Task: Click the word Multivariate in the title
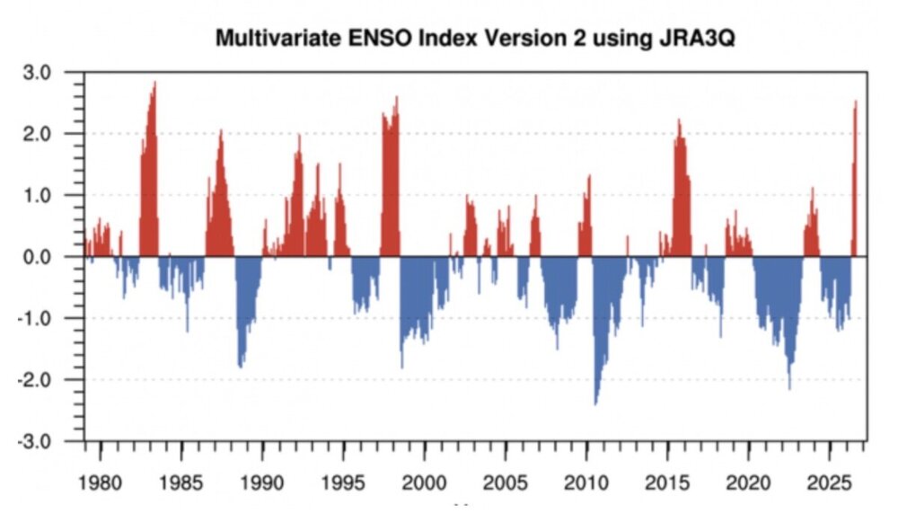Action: pos(279,39)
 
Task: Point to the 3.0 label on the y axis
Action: pos(37,73)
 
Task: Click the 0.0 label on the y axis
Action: pos(37,257)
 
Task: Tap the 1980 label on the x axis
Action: pos(101,483)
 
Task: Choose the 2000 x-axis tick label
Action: pos(425,483)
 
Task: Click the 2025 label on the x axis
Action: pos(829,483)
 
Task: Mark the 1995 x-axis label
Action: pos(343,483)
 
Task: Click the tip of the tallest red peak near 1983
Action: pos(154,82)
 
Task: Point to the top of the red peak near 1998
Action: pos(397,96)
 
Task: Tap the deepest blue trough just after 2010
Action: pos(595,405)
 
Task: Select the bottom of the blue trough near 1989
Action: pos(241,367)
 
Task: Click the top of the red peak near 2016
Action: pos(679,119)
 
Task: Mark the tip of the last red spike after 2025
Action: pos(856,101)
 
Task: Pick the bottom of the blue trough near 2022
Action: pos(789,390)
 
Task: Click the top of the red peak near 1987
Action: pos(221,130)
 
